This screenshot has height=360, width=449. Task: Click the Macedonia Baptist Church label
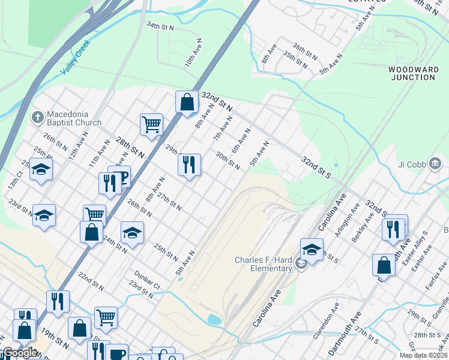coord(75,119)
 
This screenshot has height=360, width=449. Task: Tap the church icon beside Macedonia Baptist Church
coord(38,115)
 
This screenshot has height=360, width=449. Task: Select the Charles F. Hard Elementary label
coord(263,264)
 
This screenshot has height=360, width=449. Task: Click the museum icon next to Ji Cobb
coord(436,163)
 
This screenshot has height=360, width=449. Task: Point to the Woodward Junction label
coord(413,73)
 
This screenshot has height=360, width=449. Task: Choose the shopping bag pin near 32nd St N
coord(187,102)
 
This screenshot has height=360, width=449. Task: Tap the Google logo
coord(19,353)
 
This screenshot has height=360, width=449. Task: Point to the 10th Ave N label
coord(191,53)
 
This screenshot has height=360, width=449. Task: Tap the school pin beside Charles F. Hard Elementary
coord(312,250)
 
